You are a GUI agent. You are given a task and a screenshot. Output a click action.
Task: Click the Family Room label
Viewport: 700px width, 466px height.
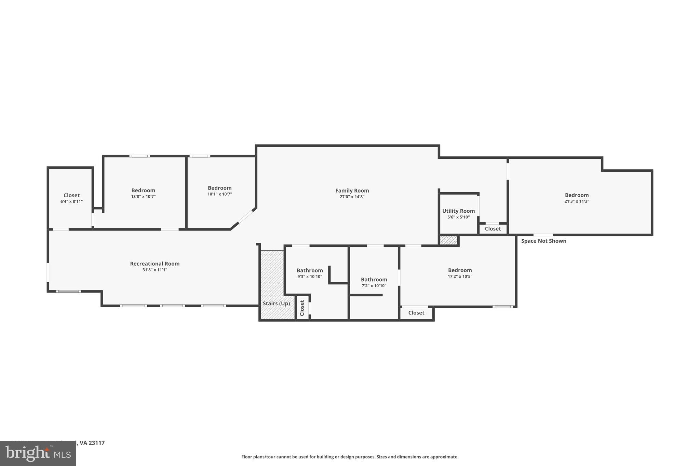pos(352,190)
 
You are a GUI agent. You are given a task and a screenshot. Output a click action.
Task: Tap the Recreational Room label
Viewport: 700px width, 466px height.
pos(154,264)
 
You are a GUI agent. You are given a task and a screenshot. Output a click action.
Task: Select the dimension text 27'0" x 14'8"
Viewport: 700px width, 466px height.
pos(352,197)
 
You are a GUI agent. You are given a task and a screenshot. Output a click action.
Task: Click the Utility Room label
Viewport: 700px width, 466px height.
pos(458,211)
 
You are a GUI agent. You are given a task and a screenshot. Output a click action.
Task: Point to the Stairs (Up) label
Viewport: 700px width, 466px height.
pos(276,303)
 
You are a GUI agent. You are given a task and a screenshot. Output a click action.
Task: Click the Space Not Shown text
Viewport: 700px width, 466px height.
pos(543,241)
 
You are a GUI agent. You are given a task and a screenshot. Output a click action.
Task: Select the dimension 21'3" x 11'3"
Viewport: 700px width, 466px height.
pos(577,201)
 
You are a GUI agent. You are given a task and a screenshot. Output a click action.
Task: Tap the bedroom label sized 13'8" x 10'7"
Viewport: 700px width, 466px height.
pos(143,190)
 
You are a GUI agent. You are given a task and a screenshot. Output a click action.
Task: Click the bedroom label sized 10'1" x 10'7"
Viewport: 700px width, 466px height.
pos(219,188)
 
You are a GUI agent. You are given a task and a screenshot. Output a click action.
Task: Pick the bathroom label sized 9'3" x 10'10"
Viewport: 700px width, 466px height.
pos(310,270)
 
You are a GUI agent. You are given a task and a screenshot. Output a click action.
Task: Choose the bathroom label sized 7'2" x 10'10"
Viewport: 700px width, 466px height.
pos(374,280)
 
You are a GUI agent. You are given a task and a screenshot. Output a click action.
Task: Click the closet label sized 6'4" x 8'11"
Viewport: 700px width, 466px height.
pos(71,195)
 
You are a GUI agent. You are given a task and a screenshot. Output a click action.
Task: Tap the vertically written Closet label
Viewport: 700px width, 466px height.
pos(302,308)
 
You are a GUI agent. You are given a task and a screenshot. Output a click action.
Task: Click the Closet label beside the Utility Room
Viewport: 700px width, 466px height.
pos(493,229)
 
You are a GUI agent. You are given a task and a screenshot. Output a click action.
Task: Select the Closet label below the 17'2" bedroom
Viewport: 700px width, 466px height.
pos(416,313)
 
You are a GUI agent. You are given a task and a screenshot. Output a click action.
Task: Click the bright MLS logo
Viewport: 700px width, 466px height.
pos(38,454)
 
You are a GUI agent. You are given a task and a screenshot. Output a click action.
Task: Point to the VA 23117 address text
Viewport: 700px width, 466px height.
pos(92,443)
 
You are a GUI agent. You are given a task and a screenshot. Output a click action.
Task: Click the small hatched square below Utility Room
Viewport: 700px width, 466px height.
pos(448,240)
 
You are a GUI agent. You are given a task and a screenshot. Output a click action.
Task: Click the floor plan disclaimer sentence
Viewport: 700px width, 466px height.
pos(350,457)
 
